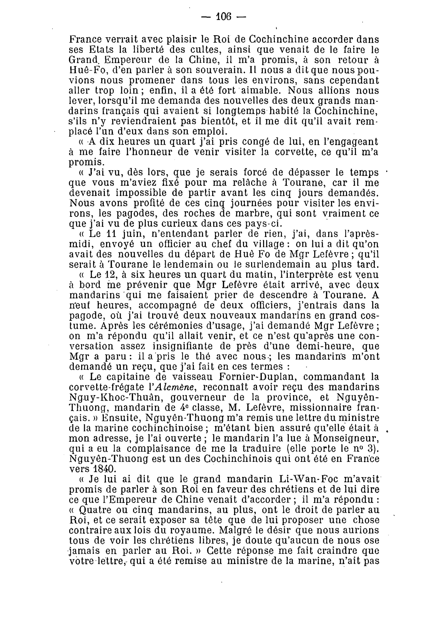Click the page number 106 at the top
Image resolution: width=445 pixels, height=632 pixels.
(x=223, y=16)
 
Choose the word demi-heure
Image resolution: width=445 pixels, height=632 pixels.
(x=315, y=346)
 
